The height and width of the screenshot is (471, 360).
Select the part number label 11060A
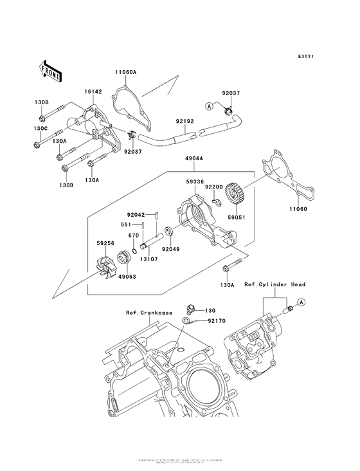[126, 72]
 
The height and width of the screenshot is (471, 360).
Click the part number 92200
[214, 186]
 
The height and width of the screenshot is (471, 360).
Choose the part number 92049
[170, 248]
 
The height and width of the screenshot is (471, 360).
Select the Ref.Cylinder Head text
[274, 284]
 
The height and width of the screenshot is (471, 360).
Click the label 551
[127, 225]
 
